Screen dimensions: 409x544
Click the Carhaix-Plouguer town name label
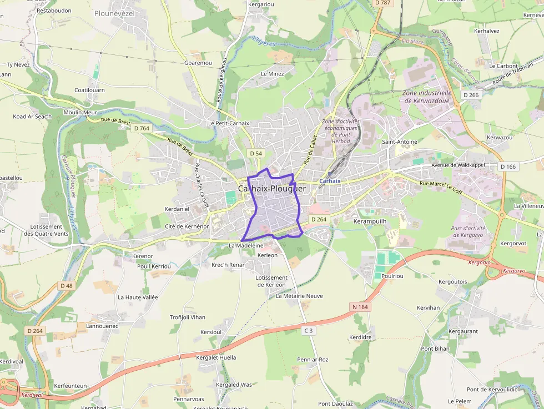click(272, 189)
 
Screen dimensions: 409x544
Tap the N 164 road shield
click(360, 306)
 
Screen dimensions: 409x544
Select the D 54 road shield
click(255, 153)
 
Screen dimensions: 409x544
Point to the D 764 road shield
click(142, 128)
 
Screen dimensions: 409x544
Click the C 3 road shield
click(309, 331)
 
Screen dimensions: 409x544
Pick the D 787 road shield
click(382, 3)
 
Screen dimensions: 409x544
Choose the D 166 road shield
click(507, 166)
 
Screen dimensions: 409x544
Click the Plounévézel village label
click(114, 13)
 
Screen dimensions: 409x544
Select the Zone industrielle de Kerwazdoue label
click(427, 97)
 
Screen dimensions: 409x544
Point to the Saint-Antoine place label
click(399, 142)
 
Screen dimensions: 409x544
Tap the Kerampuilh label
click(370, 221)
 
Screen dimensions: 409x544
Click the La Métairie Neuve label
click(299, 296)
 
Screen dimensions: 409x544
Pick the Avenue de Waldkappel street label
click(459, 165)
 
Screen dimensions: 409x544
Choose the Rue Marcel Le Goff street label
click(441, 187)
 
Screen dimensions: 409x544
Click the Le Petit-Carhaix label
click(228, 123)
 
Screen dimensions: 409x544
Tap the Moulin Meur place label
click(80, 112)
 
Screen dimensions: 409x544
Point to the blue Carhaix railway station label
click(330, 181)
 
